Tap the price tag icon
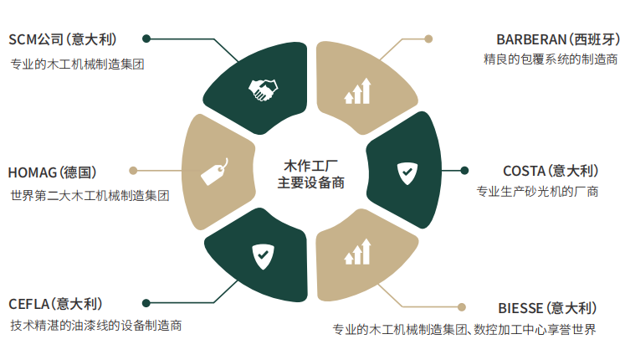(213, 172)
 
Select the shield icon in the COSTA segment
(406, 172)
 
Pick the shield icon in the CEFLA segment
(262, 253)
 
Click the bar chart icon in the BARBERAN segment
(358, 91)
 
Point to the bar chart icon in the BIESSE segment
(358, 252)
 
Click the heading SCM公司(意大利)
(63, 39)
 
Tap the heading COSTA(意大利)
(551, 171)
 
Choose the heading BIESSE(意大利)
(547, 307)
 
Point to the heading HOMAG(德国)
(52, 172)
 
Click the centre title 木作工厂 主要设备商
(310, 173)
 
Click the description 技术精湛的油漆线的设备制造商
(96, 325)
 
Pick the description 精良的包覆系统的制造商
(551, 59)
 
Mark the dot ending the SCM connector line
(146, 39)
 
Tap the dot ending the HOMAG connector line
(132, 172)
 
